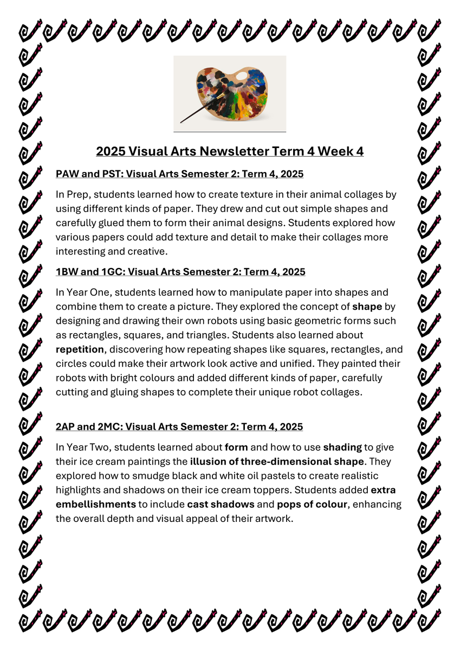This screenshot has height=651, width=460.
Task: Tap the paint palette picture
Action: [x=230, y=93]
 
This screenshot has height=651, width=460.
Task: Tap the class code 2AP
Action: [x=66, y=427]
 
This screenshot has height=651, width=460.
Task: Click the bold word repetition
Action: [x=79, y=349]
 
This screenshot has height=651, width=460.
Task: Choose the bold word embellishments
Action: [x=95, y=504]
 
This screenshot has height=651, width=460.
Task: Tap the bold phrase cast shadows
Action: [x=221, y=504]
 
